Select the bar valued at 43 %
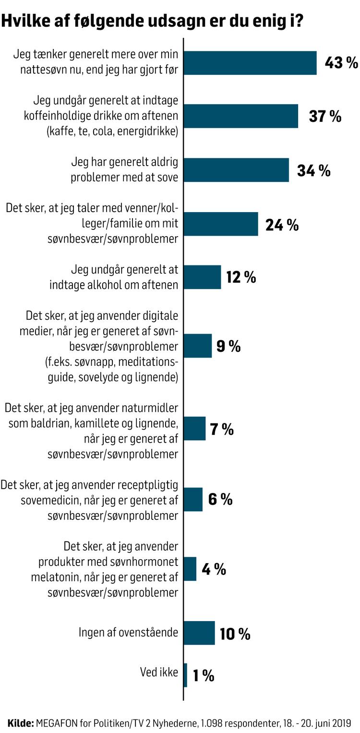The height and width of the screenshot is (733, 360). click(x=250, y=63)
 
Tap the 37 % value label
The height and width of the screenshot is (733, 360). click(x=325, y=116)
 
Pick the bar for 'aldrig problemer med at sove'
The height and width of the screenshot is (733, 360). click(x=236, y=170)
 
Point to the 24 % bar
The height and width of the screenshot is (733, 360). click(x=221, y=224)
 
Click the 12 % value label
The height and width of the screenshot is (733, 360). click(x=241, y=277)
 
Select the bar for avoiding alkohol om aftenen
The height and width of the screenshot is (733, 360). click(x=202, y=277)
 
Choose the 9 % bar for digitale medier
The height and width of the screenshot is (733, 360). click(x=198, y=346)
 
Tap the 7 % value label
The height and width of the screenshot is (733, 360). click(x=221, y=429)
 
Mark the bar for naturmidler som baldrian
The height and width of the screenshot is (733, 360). click(x=194, y=429)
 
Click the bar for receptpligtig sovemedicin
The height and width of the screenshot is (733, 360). click(x=193, y=499)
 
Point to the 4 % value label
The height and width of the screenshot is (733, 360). click(x=214, y=569)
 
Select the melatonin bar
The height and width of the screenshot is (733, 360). click(x=190, y=569)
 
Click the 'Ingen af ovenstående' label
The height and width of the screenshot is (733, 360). click(x=128, y=632)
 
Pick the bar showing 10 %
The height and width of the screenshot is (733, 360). click(x=199, y=633)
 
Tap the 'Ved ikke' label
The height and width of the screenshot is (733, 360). click(x=159, y=672)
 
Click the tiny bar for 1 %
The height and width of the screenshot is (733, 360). click(x=185, y=675)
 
